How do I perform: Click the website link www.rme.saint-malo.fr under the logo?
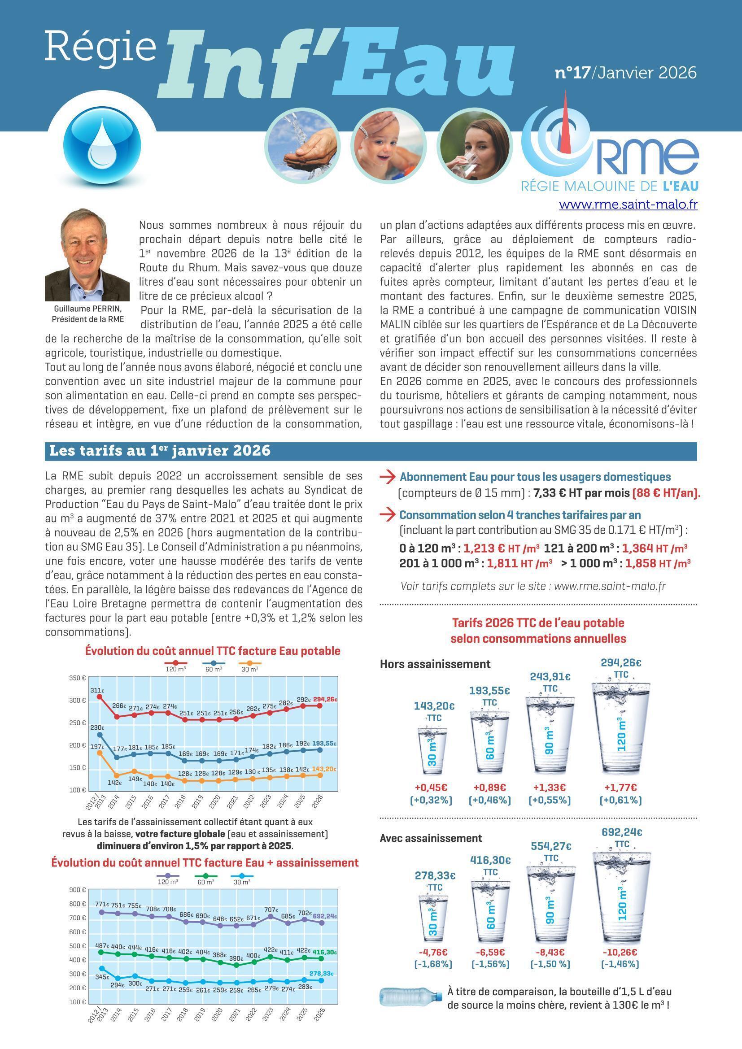(x=628, y=205)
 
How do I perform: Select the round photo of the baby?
(x=388, y=145)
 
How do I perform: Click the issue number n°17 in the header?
(x=572, y=73)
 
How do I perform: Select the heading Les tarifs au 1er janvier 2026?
(x=159, y=451)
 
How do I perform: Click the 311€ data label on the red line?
(x=97, y=690)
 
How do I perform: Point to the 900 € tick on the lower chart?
(x=78, y=889)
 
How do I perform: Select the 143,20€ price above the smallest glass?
(x=434, y=706)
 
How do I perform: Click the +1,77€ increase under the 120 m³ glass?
(x=620, y=787)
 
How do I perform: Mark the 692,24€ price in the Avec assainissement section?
(x=622, y=832)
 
